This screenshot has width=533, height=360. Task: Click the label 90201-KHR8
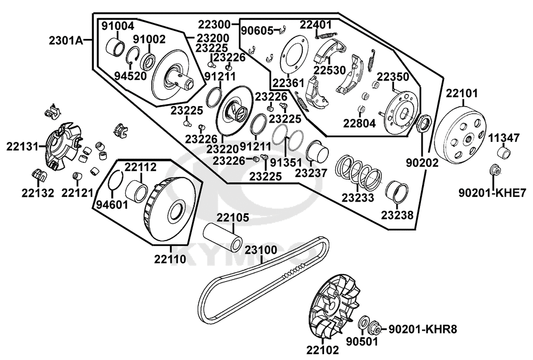422,329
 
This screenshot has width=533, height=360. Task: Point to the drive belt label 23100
261,250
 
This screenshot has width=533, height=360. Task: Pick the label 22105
232,218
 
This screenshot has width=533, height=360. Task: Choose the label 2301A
66,40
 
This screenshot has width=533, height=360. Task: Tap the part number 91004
118,26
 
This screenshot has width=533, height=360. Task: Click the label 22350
393,77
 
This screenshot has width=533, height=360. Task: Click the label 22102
322,350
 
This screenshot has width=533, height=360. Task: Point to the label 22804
359,123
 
